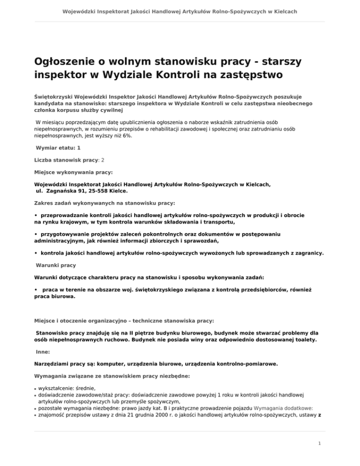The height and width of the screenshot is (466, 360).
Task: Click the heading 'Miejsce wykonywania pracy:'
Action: coord(73,172)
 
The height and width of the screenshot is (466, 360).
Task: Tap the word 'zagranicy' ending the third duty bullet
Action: coord(307,253)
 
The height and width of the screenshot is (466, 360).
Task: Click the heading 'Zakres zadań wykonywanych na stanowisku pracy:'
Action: coord(105,203)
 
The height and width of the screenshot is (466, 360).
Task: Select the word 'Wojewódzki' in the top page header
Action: coord(81,10)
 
